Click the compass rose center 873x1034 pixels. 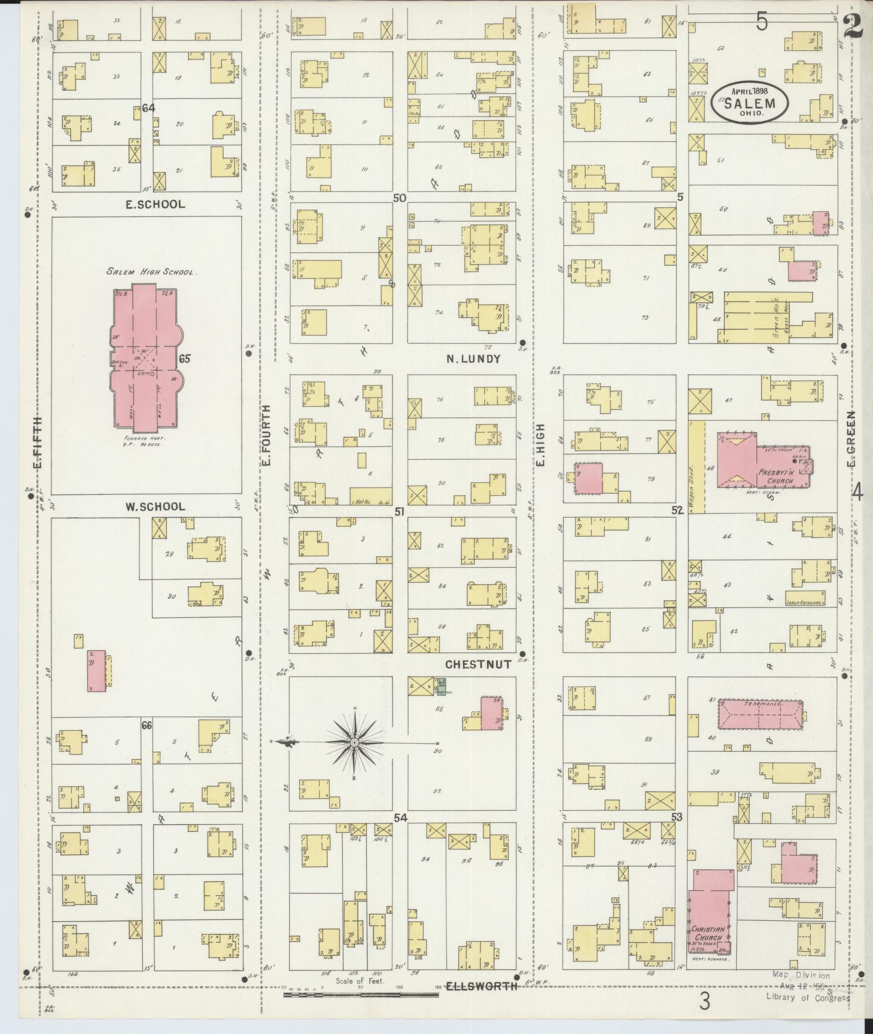click(x=354, y=742)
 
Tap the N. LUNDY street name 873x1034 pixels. click(x=474, y=359)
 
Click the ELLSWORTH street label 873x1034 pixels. click(x=482, y=986)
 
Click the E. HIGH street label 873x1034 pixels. click(x=540, y=444)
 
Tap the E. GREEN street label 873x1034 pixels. click(x=850, y=438)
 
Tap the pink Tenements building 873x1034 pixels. click(x=760, y=714)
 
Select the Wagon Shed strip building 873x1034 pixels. click(x=696, y=466)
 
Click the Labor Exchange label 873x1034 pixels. click(x=803, y=603)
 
